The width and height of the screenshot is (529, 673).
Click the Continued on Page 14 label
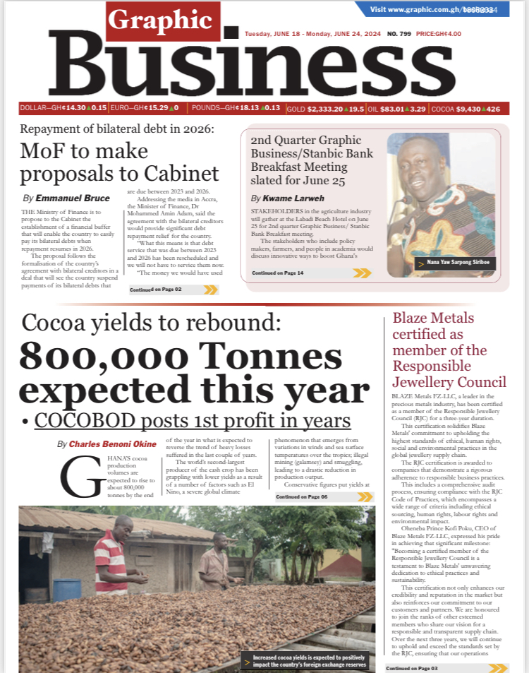pos(278,273)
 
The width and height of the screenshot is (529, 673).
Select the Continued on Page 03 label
pos(412,668)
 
